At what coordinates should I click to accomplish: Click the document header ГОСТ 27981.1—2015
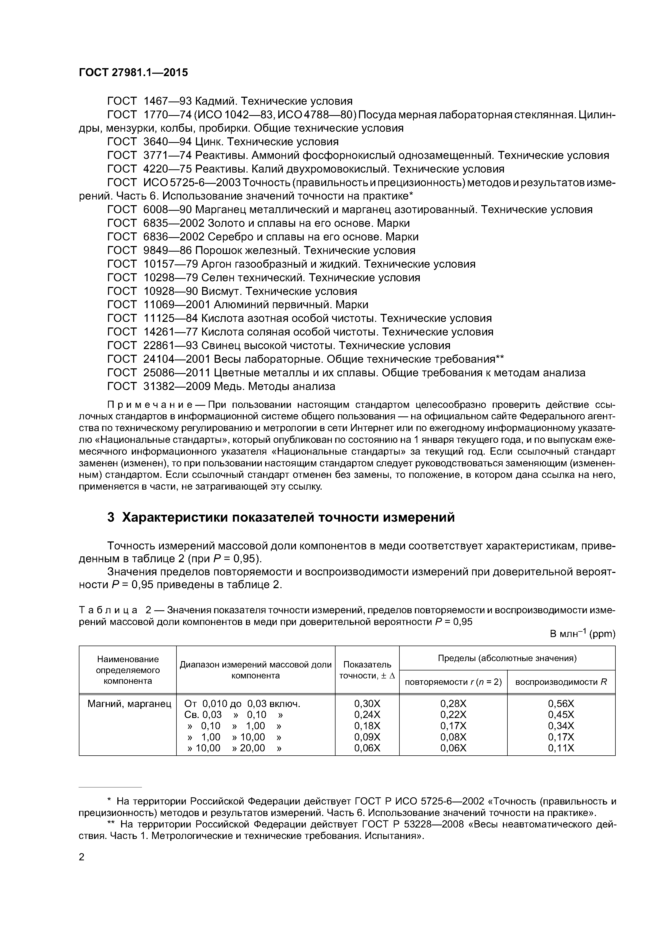[133, 73]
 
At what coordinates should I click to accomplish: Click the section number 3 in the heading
[111, 517]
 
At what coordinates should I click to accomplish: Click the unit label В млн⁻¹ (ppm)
[582, 634]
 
